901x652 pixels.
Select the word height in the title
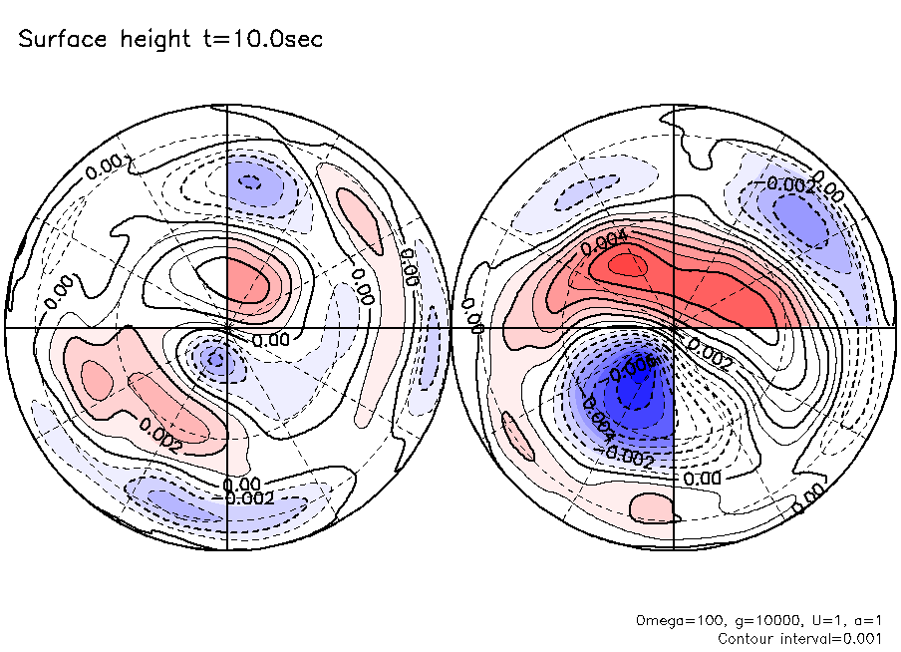point(152,41)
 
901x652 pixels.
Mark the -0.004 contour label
point(600,418)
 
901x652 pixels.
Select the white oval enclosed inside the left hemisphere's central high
point(216,269)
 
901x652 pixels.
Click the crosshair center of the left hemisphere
point(228,327)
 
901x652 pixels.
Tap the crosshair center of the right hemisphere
point(675,327)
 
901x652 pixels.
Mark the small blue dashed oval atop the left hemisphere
point(251,182)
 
